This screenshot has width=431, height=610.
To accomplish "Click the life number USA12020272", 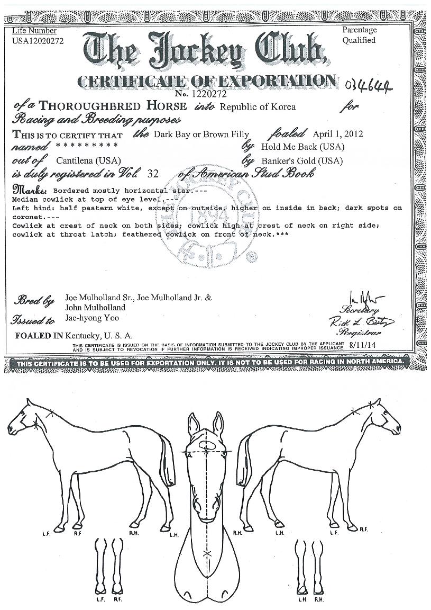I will [x=38, y=41].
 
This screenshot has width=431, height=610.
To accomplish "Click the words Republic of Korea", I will [x=258, y=107].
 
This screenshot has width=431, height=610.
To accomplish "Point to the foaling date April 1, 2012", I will [x=338, y=134].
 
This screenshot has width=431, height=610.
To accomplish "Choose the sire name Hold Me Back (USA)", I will [x=302, y=147].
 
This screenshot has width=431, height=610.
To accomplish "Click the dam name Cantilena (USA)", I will [x=88, y=160].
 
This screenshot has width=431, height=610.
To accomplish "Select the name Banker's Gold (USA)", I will [x=302, y=160].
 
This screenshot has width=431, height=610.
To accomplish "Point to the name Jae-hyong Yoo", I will [x=93, y=318].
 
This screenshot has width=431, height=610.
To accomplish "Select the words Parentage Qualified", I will [x=359, y=35].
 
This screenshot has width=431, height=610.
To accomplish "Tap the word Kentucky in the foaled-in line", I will [x=85, y=335].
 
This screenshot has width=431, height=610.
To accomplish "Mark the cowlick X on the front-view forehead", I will [x=206, y=452].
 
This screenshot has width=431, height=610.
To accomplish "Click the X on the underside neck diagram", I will [x=206, y=553].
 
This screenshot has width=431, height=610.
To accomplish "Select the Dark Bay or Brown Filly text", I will [x=201, y=134].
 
